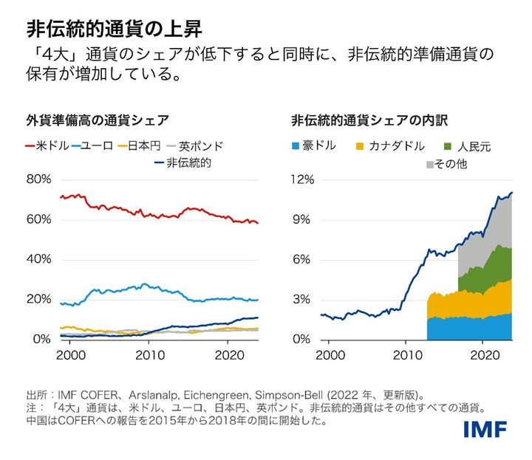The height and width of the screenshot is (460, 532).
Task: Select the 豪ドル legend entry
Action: (x=313, y=146)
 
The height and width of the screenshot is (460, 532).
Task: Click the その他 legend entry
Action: (x=447, y=164)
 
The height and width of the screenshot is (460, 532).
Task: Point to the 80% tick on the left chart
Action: (x=38, y=179)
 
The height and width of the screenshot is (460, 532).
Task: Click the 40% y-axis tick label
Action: (x=38, y=259)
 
